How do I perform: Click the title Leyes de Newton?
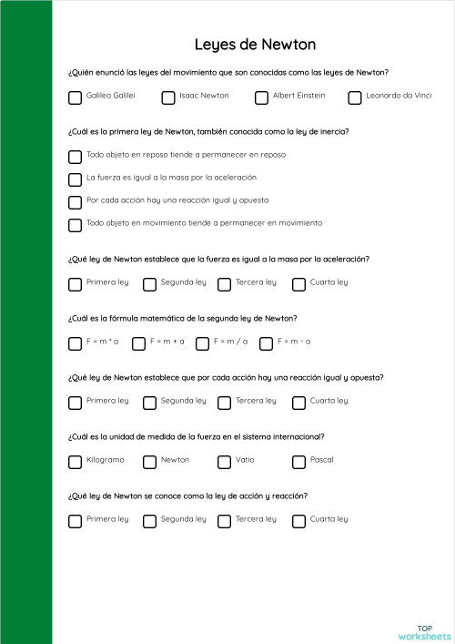pos(255,45)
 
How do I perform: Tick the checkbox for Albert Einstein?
pos(261,97)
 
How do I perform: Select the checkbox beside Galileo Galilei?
pos(75,97)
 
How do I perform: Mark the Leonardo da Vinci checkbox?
pos(355,97)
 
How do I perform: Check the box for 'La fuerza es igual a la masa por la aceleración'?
pos(75,179)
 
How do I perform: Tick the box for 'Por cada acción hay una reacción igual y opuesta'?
pos(75,201)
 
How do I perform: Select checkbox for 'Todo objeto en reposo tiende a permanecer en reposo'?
pos(75,156)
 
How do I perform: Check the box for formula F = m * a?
pos(75,343)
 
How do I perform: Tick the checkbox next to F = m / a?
pos(202,343)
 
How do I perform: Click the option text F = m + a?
pos(167,342)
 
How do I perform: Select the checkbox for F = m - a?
pos(266,343)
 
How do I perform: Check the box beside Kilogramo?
pos(75,462)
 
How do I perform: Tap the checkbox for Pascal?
pos(298,462)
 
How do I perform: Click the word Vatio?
pos(245,460)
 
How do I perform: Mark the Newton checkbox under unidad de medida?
pos(149,462)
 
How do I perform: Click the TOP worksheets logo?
pos(424,632)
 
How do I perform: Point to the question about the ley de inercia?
pos(207,131)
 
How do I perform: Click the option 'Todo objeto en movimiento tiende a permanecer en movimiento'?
pos(204,223)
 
